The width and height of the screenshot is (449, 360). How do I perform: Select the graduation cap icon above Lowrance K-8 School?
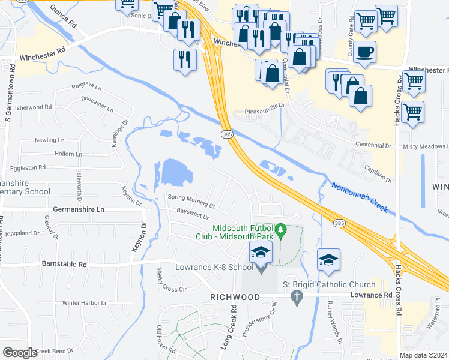click(261, 252)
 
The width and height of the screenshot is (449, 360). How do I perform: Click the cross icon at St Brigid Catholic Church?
click(295, 296)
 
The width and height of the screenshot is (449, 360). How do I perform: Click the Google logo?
click(20, 353)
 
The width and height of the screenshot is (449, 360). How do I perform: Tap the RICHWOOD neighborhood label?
click(235, 297)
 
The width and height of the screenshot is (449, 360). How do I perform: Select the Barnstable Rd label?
click(64, 263)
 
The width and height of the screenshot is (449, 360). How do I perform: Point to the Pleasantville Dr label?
click(268, 112)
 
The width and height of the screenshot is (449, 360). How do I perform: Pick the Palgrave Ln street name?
click(86, 86)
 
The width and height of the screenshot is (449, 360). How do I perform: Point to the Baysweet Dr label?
click(193, 214)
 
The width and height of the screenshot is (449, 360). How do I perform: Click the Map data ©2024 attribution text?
click(424, 355)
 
